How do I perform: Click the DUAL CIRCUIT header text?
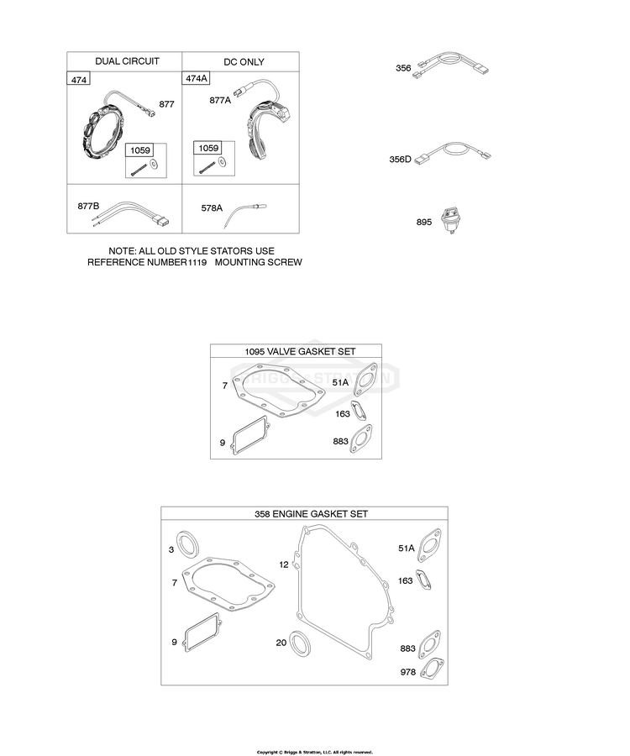[x=127, y=61]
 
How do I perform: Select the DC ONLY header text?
[x=244, y=61]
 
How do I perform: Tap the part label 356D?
[x=400, y=158]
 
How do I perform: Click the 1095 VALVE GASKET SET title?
[x=296, y=351]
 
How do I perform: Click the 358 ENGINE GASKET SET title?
[x=304, y=513]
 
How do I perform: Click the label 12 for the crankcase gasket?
[x=283, y=564]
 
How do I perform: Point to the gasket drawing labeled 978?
[x=431, y=669]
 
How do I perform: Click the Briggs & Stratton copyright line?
[x=314, y=752]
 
